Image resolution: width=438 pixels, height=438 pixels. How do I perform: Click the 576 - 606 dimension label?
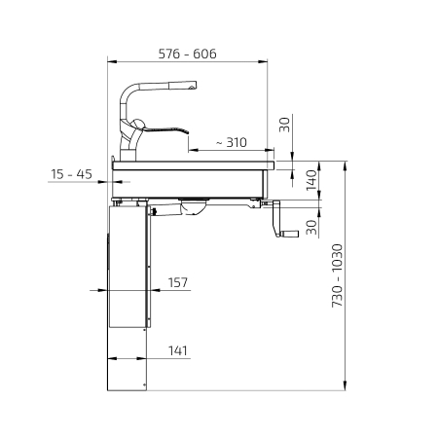pos(187,54)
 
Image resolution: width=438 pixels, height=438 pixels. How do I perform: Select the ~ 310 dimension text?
pos(232,142)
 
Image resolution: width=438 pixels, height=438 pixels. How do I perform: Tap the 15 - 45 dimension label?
pos(71,174)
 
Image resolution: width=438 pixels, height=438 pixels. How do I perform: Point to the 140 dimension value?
pos(311,180)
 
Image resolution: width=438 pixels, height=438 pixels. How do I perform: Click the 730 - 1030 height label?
pos(337,275)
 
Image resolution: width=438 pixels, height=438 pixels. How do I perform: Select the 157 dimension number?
pos(178,282)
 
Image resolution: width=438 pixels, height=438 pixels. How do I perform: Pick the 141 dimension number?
pos(178,350)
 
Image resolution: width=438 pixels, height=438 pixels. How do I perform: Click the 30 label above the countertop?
pos(284,125)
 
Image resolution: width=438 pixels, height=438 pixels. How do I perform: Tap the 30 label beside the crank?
pos(311,227)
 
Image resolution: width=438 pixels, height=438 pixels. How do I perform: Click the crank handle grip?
pos(290,234)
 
